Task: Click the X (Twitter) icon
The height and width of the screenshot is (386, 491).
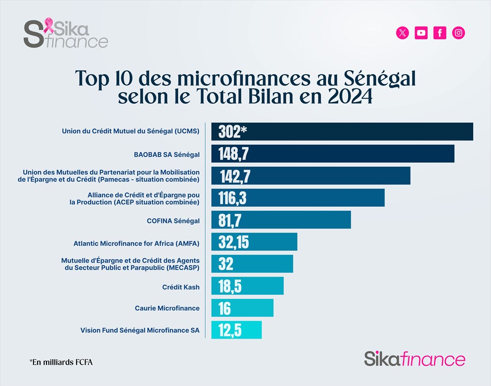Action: (x=403, y=33)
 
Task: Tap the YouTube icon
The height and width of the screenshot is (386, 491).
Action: (x=421, y=33)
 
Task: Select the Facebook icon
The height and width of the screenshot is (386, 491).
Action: (x=440, y=33)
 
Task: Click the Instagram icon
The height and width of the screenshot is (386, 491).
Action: (x=458, y=33)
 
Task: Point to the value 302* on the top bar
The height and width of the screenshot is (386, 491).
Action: (x=232, y=132)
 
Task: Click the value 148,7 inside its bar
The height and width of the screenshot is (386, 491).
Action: (x=233, y=154)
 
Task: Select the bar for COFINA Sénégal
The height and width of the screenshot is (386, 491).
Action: (x=281, y=220)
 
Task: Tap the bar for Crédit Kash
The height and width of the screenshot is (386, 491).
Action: (x=247, y=286)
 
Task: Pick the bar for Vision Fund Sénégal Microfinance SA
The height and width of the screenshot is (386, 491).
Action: (x=236, y=330)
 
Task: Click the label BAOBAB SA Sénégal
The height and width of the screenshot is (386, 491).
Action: (x=160, y=154)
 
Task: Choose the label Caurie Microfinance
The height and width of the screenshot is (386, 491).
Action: (x=167, y=308)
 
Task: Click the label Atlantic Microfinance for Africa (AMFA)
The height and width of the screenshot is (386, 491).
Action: (x=136, y=243)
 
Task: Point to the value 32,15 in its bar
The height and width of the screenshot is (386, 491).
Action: (x=234, y=242)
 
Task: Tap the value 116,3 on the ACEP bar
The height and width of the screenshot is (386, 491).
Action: (x=232, y=198)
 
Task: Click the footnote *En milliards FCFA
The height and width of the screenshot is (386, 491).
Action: (x=61, y=362)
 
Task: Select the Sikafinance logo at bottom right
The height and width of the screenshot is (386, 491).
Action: (x=414, y=359)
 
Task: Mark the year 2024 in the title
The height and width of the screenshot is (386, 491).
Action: (x=350, y=96)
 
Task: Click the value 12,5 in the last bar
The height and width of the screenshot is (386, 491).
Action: (x=230, y=330)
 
